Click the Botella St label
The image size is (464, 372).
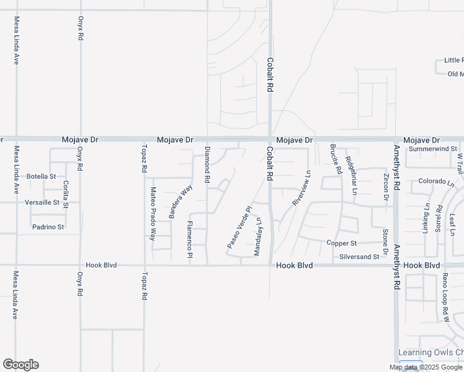pyautogui.click(x=41, y=176)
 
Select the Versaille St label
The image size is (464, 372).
pyautogui.click(x=42, y=202)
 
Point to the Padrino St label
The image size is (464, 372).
pyautogui.click(x=48, y=227)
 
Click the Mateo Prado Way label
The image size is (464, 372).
pyautogui.click(x=153, y=214)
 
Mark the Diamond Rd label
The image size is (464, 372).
pyautogui.click(x=208, y=164)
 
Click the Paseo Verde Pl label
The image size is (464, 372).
pyautogui.click(x=238, y=228)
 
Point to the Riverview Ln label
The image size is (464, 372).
pyautogui.click(x=301, y=188)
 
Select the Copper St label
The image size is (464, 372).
pyautogui.click(x=342, y=243)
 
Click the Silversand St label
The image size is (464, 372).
pyautogui.click(x=359, y=256)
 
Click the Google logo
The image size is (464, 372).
pyautogui.click(x=20, y=365)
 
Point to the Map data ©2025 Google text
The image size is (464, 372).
pyautogui.click(x=426, y=367)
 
